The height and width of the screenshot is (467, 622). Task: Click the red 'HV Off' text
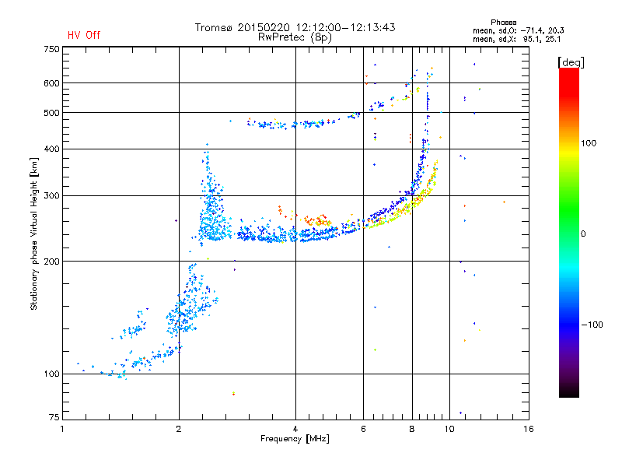(x=84, y=35)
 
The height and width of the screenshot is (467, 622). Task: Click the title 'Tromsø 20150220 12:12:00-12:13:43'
(x=295, y=27)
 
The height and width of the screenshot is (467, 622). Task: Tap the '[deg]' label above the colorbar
(x=571, y=61)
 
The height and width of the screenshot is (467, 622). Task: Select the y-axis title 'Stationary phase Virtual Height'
(x=34, y=233)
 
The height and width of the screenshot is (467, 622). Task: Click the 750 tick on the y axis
(x=51, y=48)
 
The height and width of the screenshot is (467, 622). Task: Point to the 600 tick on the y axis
(x=51, y=83)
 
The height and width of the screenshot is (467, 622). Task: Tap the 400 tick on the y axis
(x=51, y=149)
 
